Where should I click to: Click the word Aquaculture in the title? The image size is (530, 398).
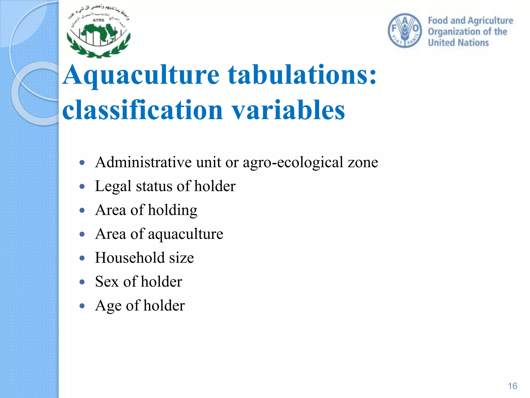point(141,75)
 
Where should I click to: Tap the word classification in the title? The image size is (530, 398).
point(143,110)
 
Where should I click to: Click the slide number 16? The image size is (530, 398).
point(512,386)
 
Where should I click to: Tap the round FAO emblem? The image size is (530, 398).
point(405,31)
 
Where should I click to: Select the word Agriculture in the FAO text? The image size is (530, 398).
point(490,20)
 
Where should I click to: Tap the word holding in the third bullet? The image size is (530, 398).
point(173,210)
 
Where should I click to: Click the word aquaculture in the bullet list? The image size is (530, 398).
point(185,234)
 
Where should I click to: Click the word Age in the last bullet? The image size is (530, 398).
point(108,306)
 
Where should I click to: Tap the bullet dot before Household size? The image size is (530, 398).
point(82,258)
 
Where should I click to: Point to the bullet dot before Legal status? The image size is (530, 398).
point(82,186)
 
